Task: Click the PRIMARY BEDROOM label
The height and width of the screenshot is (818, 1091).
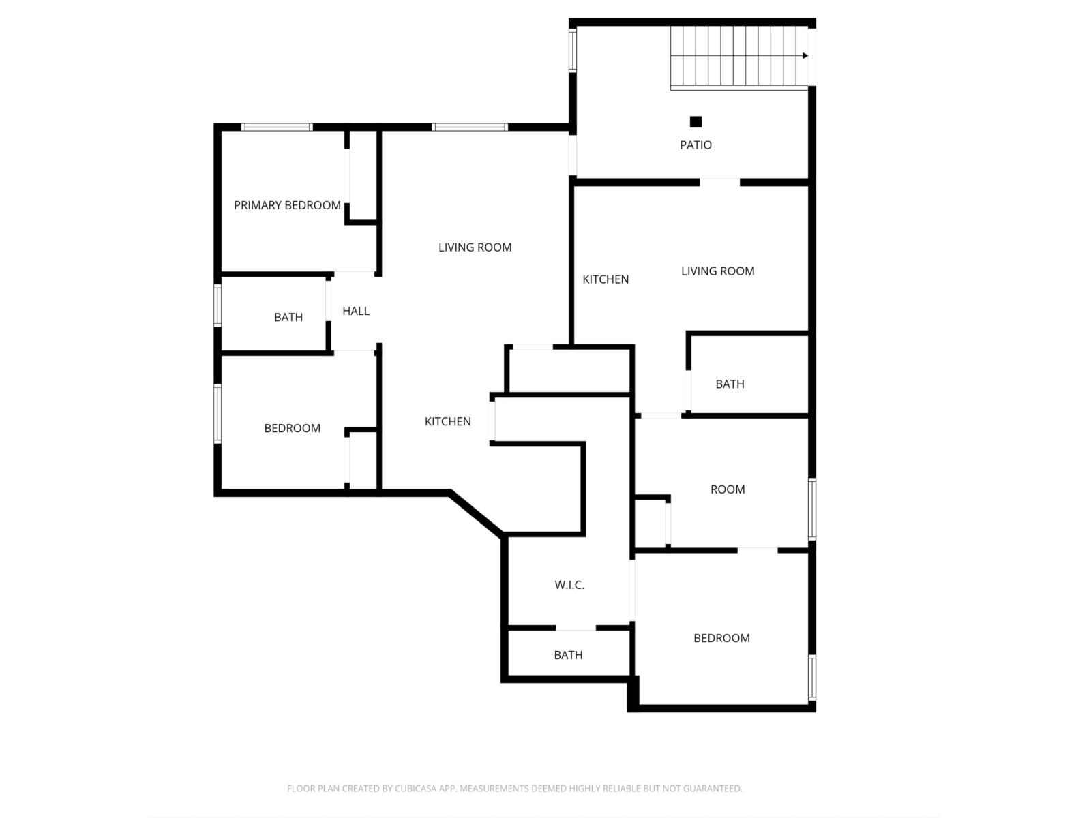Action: coord(287,205)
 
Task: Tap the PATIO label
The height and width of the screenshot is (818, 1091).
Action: coord(696,145)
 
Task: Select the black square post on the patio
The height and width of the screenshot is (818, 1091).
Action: coord(696,122)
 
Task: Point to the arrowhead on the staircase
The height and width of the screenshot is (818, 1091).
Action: coord(805,56)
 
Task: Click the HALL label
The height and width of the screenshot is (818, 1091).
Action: coord(356,311)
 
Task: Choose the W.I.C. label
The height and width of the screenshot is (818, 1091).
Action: coord(569,585)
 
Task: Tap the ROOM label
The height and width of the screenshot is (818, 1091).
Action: coord(728,489)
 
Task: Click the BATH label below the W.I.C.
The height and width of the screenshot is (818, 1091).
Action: coord(568,655)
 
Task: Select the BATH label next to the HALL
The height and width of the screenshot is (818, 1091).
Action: coord(288,317)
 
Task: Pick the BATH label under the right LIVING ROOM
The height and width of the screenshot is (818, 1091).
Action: coord(730,384)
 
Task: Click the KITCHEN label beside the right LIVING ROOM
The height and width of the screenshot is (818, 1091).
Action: coord(606,279)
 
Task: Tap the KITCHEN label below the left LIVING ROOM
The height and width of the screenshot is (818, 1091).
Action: coord(448,421)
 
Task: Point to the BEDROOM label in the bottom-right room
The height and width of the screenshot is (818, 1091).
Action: coord(721,638)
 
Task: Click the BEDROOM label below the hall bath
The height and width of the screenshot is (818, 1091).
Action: coord(293,428)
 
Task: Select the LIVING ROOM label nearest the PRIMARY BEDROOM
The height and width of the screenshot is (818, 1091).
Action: coord(475,247)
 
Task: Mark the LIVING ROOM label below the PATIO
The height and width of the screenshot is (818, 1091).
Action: coord(718,271)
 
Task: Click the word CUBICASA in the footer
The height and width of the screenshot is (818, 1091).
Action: coord(416,789)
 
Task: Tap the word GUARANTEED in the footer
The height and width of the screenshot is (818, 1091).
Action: coord(712,789)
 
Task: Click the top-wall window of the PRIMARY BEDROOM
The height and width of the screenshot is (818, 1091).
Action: coord(277,127)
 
